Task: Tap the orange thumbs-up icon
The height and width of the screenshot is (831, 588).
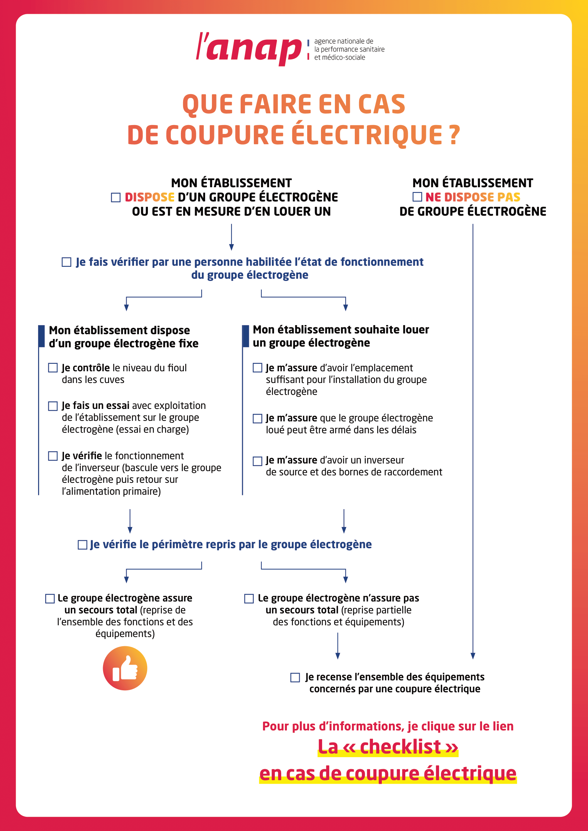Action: tap(125, 668)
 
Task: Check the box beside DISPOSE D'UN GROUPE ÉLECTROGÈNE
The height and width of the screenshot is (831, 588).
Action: tap(116, 197)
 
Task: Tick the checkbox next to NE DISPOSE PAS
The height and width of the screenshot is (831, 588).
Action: tap(417, 196)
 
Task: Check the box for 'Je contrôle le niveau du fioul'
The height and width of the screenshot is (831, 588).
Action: tap(53, 368)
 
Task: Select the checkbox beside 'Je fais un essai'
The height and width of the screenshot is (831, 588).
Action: tap(53, 406)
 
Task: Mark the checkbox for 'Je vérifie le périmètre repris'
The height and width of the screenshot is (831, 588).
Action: tap(82, 545)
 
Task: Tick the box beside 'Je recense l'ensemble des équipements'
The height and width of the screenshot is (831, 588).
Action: tap(295, 678)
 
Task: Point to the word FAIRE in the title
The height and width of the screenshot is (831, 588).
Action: tap(276, 104)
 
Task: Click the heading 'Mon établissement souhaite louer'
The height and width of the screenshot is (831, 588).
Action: tap(341, 330)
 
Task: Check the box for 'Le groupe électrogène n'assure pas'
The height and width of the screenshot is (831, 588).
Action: tap(249, 599)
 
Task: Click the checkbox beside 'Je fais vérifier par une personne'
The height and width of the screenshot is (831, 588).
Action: tap(66, 262)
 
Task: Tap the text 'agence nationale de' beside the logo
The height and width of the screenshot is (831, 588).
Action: tap(344, 41)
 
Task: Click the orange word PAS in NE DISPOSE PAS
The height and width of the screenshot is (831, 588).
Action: tap(509, 197)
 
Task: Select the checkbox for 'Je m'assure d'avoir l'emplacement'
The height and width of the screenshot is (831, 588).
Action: tap(257, 368)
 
